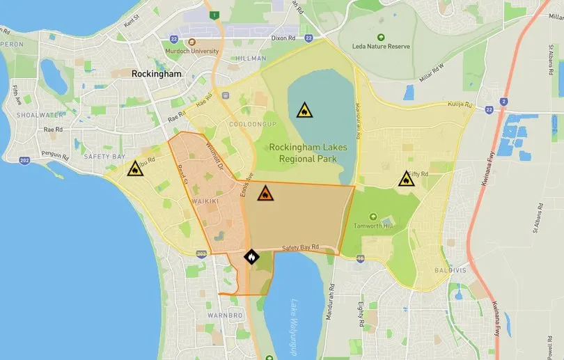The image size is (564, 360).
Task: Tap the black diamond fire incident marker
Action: click(251, 257)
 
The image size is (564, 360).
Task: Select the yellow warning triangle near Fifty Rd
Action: click(407, 180)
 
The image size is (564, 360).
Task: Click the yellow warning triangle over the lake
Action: click(304, 110)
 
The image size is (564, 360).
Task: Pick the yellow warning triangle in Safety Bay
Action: click(134, 169)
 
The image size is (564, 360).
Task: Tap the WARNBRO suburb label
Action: click(224, 315)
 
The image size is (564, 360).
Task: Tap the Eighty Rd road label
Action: click(361, 316)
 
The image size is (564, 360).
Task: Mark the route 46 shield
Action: click(360, 258)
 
